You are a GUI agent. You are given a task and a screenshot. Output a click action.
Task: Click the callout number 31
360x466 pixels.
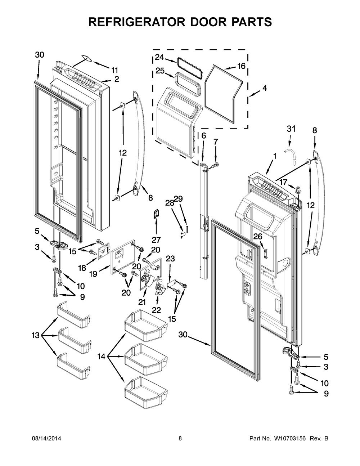[x=291, y=129]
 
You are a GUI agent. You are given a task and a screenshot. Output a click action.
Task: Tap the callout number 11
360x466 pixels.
[x=114, y=70]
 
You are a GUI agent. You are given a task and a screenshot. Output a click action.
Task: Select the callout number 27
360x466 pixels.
[x=156, y=240]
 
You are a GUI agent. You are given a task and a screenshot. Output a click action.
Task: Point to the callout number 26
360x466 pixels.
[x=258, y=237]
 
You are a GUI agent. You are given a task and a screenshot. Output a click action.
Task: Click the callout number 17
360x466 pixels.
[x=283, y=182]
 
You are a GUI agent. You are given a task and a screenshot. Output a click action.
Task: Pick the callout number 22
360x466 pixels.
[x=157, y=310]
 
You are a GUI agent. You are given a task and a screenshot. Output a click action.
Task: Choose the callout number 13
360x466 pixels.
[x=36, y=335]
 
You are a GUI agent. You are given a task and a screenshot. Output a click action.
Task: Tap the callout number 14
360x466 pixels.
[x=102, y=357]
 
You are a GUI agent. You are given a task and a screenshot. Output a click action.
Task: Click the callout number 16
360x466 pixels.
[x=242, y=66]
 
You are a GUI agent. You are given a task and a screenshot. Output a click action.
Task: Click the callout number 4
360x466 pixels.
[x=265, y=88]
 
